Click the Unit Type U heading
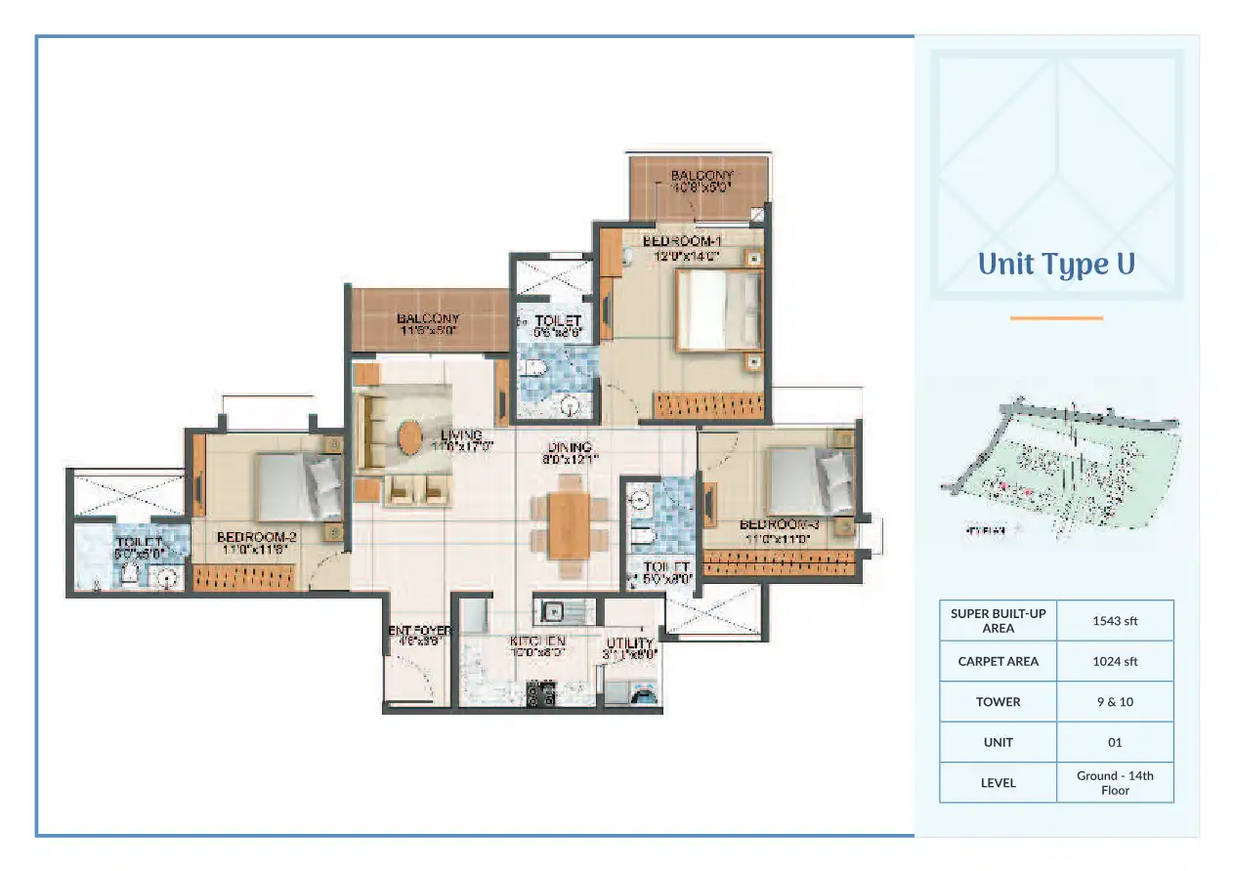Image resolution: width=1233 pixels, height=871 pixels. pyautogui.click(x=1056, y=265)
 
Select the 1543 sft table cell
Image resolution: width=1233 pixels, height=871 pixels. pyautogui.click(x=1115, y=620)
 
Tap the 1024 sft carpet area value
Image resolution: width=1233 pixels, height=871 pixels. pyautogui.click(x=1115, y=661)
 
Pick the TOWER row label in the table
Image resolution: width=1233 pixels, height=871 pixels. pyautogui.click(x=998, y=702)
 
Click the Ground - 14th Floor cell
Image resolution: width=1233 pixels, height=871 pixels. pyautogui.click(x=1115, y=782)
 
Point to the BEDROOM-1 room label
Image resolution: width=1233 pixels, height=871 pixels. pyautogui.click(x=682, y=241)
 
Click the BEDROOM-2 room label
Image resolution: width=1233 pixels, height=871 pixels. pyautogui.click(x=256, y=537)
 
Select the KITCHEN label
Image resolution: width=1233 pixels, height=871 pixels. pyautogui.click(x=537, y=642)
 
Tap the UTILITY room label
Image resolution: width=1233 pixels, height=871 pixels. pyautogui.click(x=630, y=643)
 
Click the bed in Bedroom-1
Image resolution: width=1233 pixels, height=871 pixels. pyautogui.click(x=718, y=310)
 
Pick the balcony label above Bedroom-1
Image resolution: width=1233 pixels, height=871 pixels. pyautogui.click(x=701, y=176)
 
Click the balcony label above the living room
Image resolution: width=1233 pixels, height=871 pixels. pyautogui.click(x=428, y=319)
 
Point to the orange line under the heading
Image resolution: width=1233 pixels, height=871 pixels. pyautogui.click(x=1056, y=317)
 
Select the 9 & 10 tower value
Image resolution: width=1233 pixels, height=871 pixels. pyautogui.click(x=1115, y=702)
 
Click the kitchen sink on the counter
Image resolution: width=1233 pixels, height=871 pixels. pyautogui.click(x=553, y=612)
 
